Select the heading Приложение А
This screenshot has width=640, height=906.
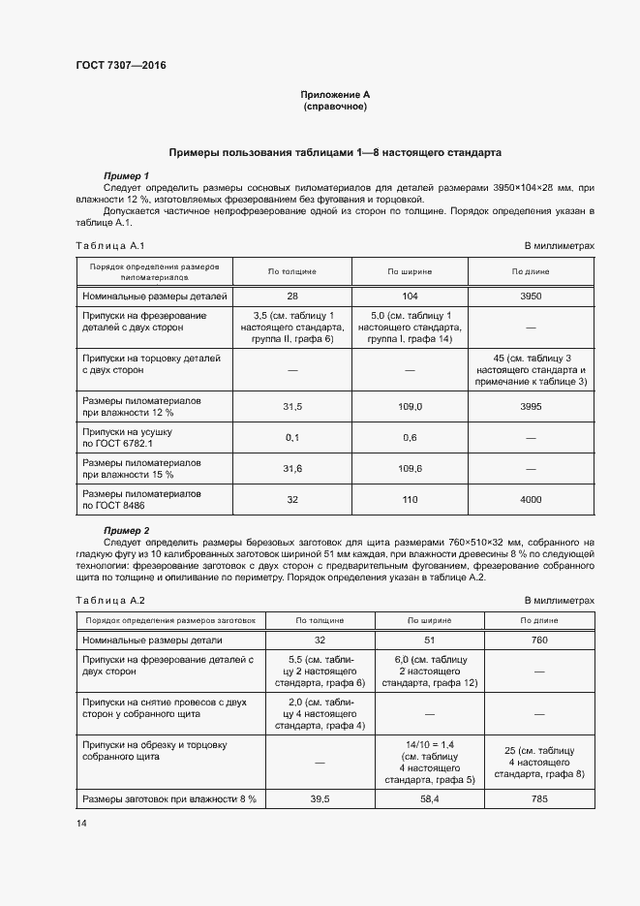click(335, 94)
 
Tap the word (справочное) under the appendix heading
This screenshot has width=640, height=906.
click(335, 106)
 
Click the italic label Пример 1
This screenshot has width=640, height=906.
click(126, 174)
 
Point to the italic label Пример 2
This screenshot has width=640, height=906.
click(126, 530)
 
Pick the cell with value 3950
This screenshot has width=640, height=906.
click(531, 296)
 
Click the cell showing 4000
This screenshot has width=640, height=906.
click(531, 499)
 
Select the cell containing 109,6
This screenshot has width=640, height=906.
click(411, 468)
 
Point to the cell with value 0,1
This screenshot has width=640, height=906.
click(292, 437)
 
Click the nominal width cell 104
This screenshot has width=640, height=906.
click(411, 296)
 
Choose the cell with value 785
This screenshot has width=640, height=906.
click(539, 799)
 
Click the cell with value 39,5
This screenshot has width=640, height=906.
click(320, 799)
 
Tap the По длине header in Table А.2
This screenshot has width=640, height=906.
click(539, 620)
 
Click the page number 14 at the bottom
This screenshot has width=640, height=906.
click(80, 824)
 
